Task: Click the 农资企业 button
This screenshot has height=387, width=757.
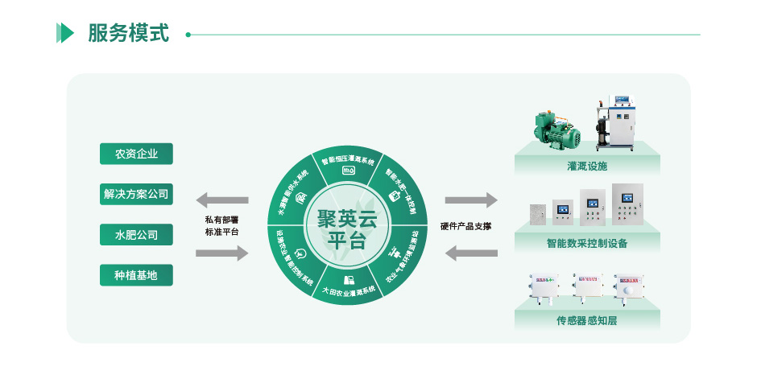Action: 136,154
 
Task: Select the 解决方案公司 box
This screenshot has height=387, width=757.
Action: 136,194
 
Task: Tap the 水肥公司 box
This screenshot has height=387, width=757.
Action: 136,235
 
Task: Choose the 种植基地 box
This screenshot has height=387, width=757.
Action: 136,275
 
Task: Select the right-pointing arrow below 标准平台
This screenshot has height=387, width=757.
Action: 222,253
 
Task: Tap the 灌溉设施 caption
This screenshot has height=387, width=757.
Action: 587,166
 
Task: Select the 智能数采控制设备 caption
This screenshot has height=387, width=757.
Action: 587,243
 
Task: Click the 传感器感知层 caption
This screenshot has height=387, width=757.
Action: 587,320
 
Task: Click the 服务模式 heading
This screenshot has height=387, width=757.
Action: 128,34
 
